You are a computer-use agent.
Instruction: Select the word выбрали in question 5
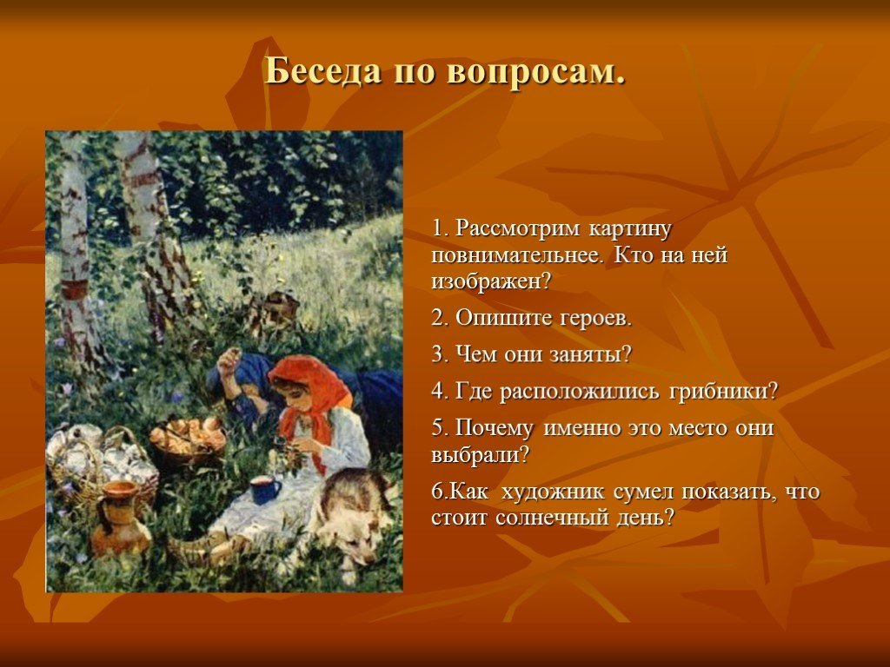(x=480, y=455)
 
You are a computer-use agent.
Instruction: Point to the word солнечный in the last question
(x=556, y=518)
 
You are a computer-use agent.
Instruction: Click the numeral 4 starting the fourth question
(x=437, y=392)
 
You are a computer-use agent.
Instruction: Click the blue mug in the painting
(x=265, y=490)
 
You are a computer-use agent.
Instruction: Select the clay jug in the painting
(x=120, y=516)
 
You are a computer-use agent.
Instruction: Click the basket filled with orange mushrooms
(x=188, y=438)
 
